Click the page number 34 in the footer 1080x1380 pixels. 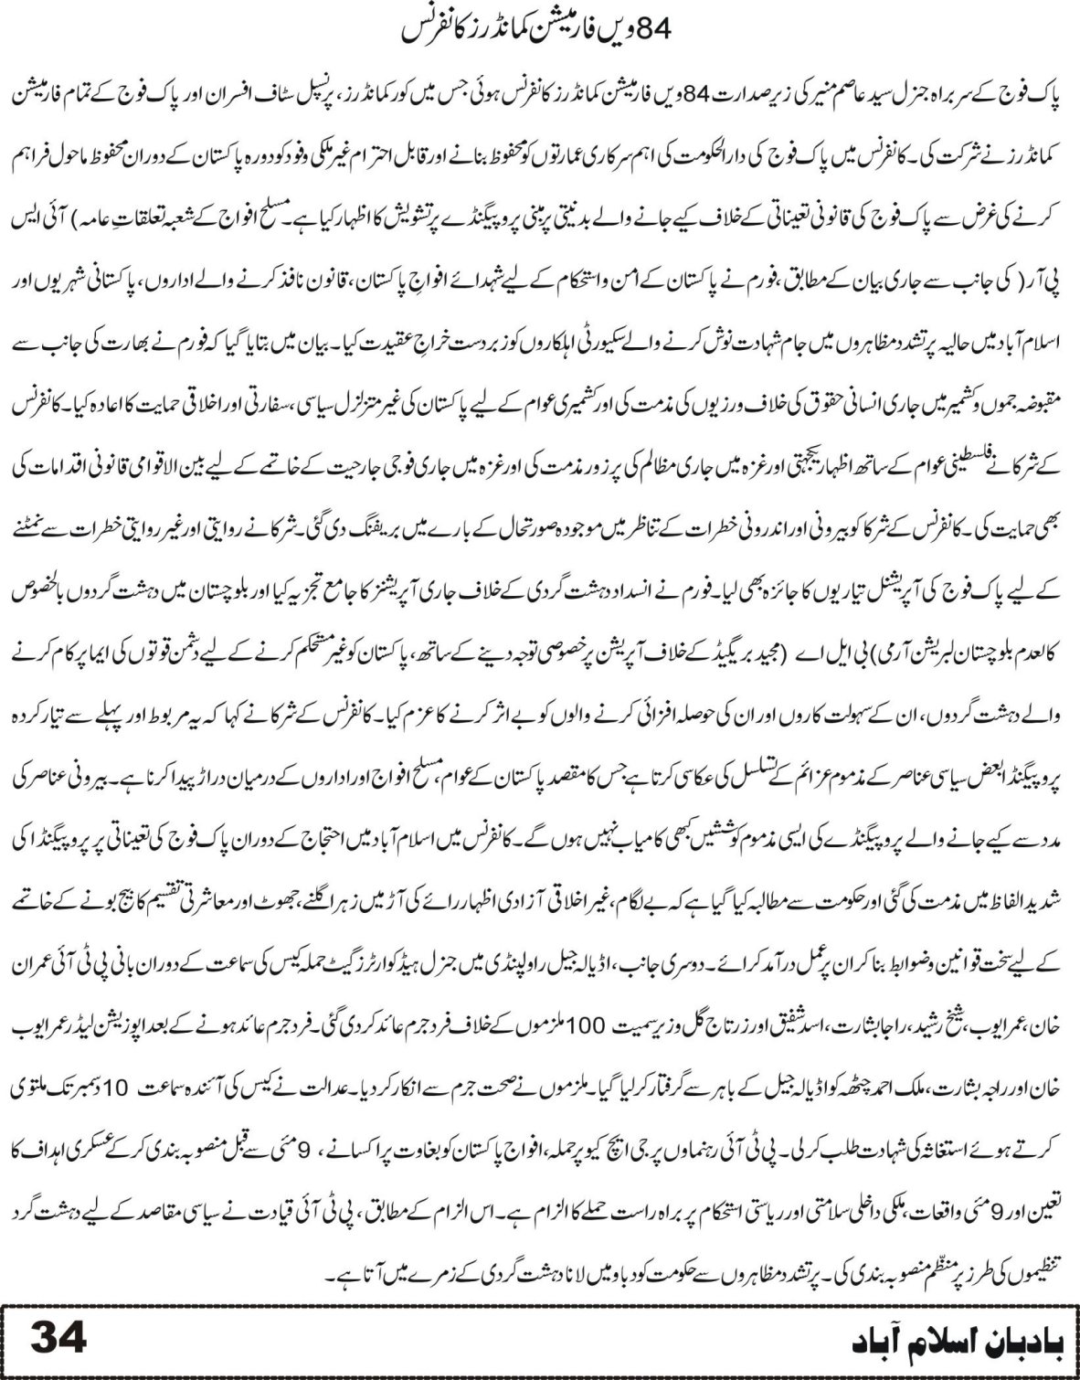click(x=59, y=1340)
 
